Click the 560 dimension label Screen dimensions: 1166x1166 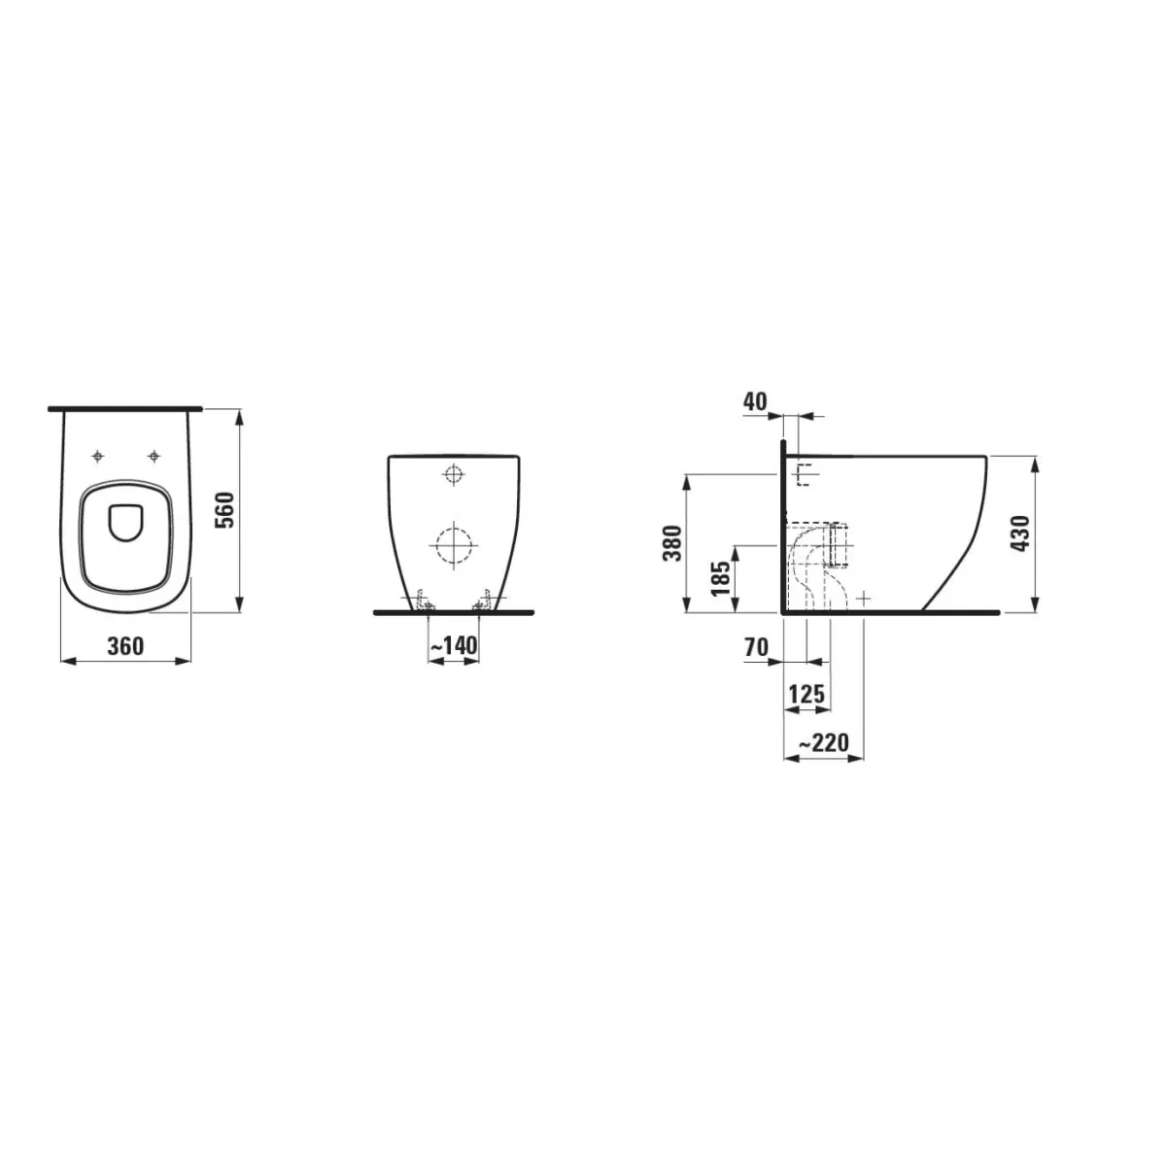(225, 510)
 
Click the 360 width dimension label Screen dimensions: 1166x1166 (126, 646)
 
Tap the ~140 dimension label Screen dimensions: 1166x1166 (454, 645)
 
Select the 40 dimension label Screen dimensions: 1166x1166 (755, 401)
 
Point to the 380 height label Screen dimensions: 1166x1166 (672, 543)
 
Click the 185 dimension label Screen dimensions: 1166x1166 (721, 578)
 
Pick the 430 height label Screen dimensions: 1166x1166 (1020, 533)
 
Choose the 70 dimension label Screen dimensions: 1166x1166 (756, 647)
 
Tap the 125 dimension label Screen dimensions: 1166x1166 (807, 694)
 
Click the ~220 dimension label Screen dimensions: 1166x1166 (824, 742)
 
